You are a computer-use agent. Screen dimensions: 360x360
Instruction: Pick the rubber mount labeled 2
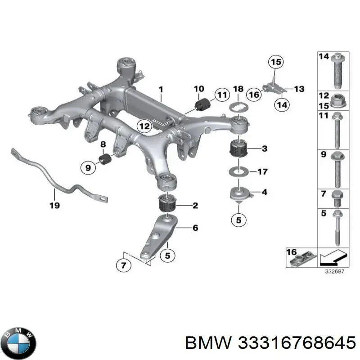click(168, 205)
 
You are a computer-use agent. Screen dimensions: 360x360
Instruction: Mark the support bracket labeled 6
click(157, 236)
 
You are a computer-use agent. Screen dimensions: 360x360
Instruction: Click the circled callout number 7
click(124, 266)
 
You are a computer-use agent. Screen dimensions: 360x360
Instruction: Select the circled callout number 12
click(144, 127)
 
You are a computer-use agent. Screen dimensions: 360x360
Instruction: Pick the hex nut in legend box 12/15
click(337, 101)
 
